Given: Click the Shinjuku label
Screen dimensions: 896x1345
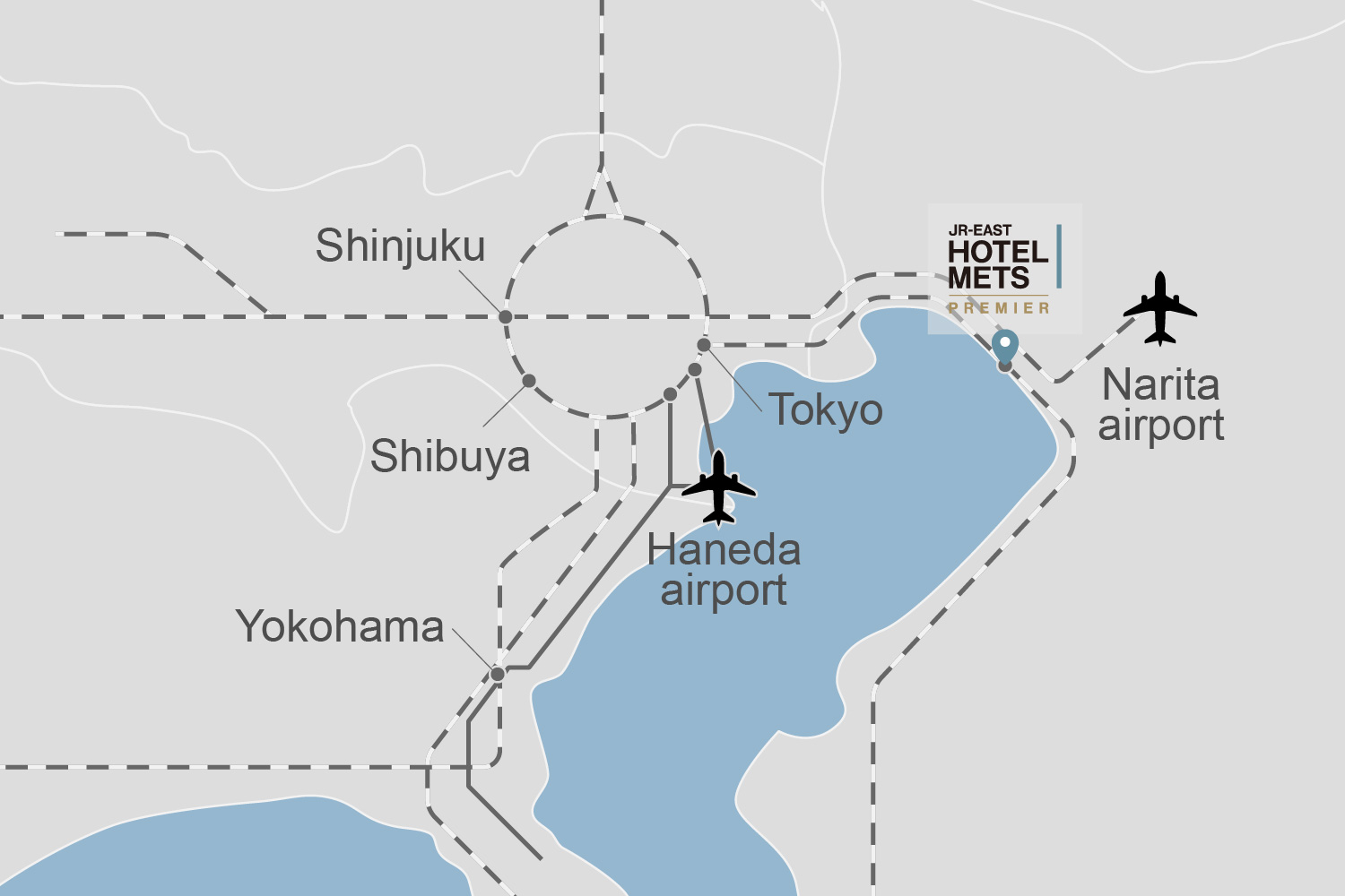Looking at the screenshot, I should tap(400, 246).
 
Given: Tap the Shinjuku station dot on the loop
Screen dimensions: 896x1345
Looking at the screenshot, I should tap(506, 317).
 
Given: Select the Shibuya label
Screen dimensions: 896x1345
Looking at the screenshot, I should tap(450, 456).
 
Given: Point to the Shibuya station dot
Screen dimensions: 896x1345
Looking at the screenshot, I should tap(529, 381).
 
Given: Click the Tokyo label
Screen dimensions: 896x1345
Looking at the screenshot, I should tap(826, 410).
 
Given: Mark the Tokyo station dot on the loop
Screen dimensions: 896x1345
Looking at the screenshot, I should tap(704, 345).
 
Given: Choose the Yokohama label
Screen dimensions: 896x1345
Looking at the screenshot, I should tap(340, 626).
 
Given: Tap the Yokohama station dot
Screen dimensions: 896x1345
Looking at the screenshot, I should tap(498, 674).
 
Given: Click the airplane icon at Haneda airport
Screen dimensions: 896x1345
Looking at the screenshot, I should tap(719, 487).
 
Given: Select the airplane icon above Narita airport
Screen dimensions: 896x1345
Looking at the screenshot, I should tap(1160, 309).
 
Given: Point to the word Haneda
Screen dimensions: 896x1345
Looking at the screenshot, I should tap(724, 549).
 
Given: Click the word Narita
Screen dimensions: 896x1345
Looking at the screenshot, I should tap(1161, 385).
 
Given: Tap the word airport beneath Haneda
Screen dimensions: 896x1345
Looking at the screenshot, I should tap(724, 590).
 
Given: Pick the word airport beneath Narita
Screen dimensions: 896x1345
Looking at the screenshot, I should tap(1161, 426).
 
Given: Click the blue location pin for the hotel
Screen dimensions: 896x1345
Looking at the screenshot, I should tap(1005, 345).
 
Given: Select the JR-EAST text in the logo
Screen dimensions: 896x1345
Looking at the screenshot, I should tap(979, 230).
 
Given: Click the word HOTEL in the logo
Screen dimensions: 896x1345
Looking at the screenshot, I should tap(998, 253).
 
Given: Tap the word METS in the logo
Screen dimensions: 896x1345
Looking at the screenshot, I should tap(988, 279).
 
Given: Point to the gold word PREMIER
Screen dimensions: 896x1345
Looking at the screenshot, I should tap(999, 308).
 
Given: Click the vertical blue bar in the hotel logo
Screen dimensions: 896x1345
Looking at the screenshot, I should tap(1059, 256).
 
